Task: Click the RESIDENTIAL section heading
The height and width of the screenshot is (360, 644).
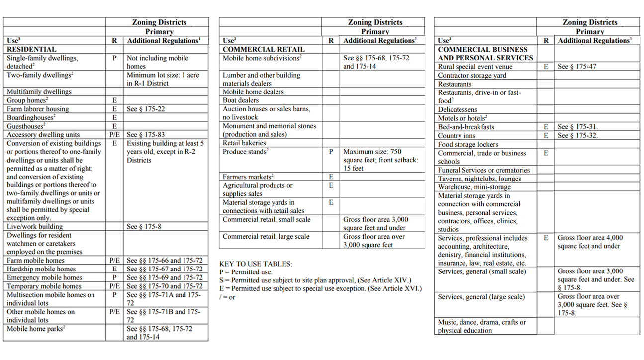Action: coord(31,49)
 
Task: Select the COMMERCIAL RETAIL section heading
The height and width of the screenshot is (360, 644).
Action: coord(257,49)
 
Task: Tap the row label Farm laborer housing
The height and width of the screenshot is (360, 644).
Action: coord(38,109)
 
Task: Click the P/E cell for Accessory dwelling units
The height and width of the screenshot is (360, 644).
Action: coord(114,135)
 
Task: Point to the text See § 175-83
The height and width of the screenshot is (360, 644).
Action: coord(146,135)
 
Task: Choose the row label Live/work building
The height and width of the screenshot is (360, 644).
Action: coord(34,227)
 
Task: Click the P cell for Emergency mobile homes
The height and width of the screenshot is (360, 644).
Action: coord(114,277)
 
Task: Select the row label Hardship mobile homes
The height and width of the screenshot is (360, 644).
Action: coord(41,269)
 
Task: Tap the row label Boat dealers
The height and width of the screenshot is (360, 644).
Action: coord(241,100)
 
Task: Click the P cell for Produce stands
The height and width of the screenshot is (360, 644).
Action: coord(331,152)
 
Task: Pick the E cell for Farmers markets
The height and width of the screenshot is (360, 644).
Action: coord(331,177)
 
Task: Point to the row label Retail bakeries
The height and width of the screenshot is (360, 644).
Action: coord(244,143)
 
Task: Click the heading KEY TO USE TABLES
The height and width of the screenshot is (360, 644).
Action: coord(256,264)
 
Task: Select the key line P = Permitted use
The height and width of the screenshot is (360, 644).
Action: coord(246,272)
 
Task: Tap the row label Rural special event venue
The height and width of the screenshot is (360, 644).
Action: coord(475,67)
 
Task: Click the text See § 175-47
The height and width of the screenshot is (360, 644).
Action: coord(577,67)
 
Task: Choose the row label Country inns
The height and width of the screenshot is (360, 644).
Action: coord(457,136)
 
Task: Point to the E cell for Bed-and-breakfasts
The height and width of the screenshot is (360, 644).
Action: coord(546,127)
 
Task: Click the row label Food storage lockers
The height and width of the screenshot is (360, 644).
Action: coord(468,144)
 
